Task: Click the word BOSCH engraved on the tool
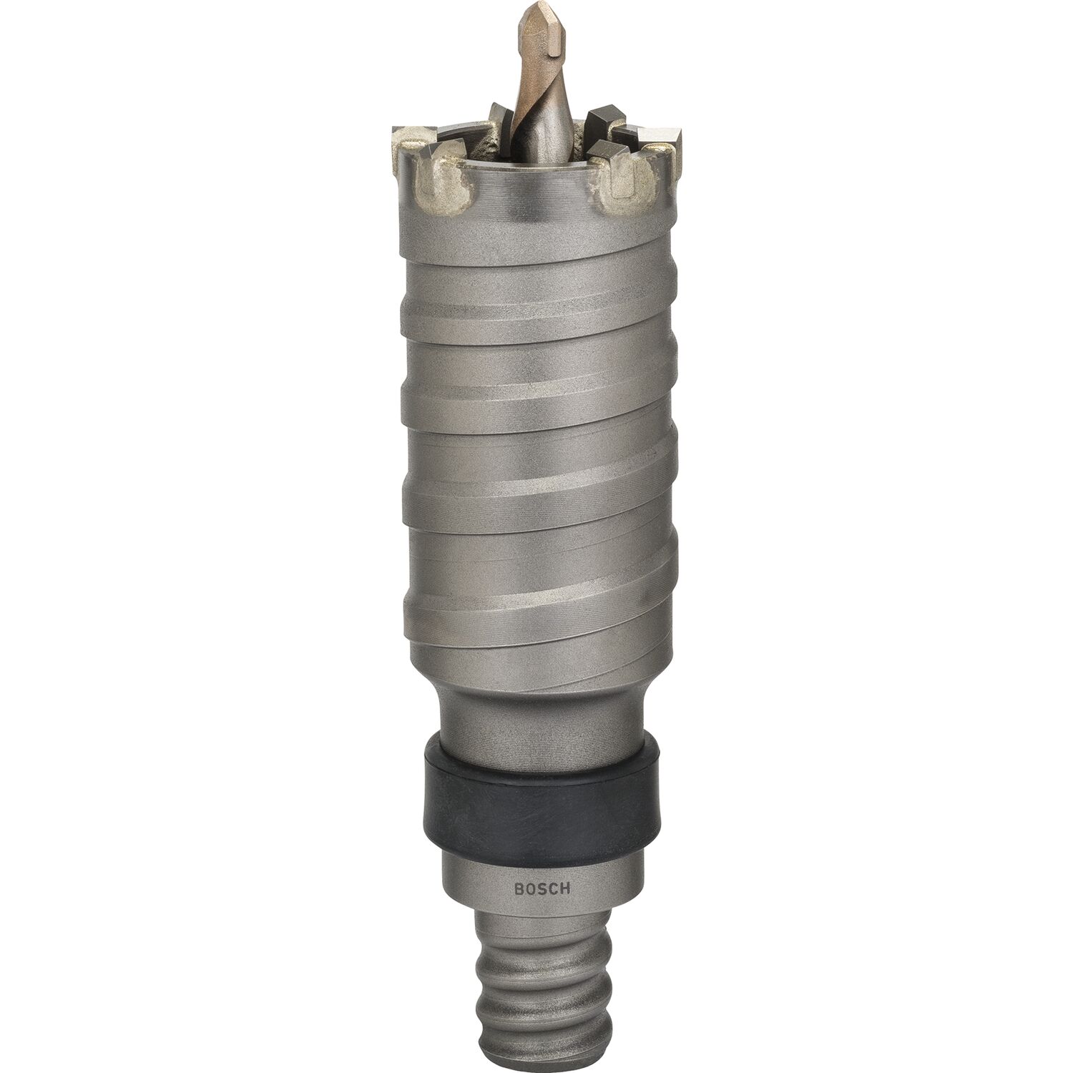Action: point(541,889)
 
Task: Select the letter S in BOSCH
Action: point(541,890)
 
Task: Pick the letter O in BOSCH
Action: point(529,890)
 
